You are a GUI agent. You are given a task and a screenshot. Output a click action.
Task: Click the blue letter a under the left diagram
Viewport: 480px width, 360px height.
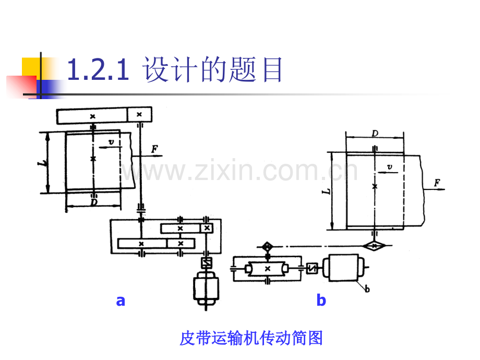pos(121,301)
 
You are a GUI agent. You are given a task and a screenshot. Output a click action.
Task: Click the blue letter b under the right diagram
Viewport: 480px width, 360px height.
pos(321,299)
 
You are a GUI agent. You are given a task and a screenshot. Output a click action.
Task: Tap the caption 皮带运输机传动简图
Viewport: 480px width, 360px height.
pos(251,338)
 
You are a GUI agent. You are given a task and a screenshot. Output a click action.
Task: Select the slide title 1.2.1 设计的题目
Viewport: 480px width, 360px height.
pos(174,69)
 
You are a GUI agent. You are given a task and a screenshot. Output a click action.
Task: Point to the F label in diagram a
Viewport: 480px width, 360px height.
pos(154,149)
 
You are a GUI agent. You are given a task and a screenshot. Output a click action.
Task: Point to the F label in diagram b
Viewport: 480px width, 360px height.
pos(437,183)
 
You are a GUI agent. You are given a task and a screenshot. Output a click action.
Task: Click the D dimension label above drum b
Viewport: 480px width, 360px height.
pos(375,133)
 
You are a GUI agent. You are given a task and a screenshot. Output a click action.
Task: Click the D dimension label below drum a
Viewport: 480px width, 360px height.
pos(94,202)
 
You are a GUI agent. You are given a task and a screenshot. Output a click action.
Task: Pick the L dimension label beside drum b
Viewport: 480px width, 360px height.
pos(326,191)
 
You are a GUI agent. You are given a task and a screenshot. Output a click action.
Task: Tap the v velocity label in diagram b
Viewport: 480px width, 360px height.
pos(389,167)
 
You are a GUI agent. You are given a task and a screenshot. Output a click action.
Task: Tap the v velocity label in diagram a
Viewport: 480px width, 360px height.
pos(111,142)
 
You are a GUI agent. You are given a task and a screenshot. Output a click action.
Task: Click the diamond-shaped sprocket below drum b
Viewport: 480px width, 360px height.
pos(374,245)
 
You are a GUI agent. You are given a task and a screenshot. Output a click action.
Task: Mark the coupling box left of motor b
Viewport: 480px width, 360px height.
pos(312,269)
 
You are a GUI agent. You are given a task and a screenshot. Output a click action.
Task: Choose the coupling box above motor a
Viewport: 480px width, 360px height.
pos(206,262)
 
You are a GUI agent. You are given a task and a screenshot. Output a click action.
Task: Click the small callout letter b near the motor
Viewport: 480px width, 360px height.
pos(367,289)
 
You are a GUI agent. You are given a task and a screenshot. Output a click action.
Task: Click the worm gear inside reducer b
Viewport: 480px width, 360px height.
pos(268,269)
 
